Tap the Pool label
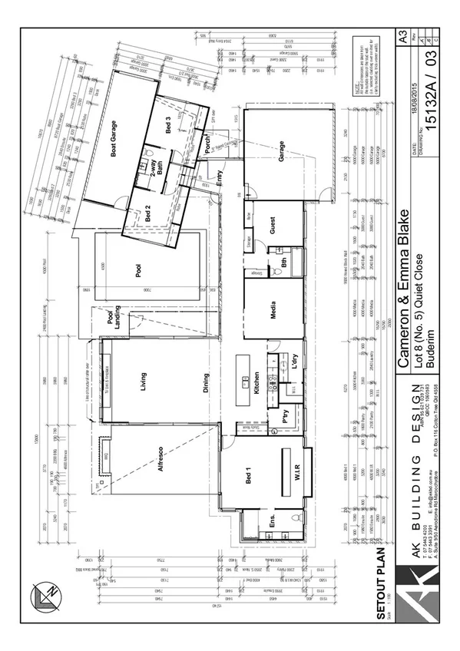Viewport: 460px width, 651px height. pyautogui.click(x=139, y=270)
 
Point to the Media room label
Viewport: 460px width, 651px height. pyautogui.click(x=273, y=309)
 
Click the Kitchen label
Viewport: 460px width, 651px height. pyautogui.click(x=256, y=382)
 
